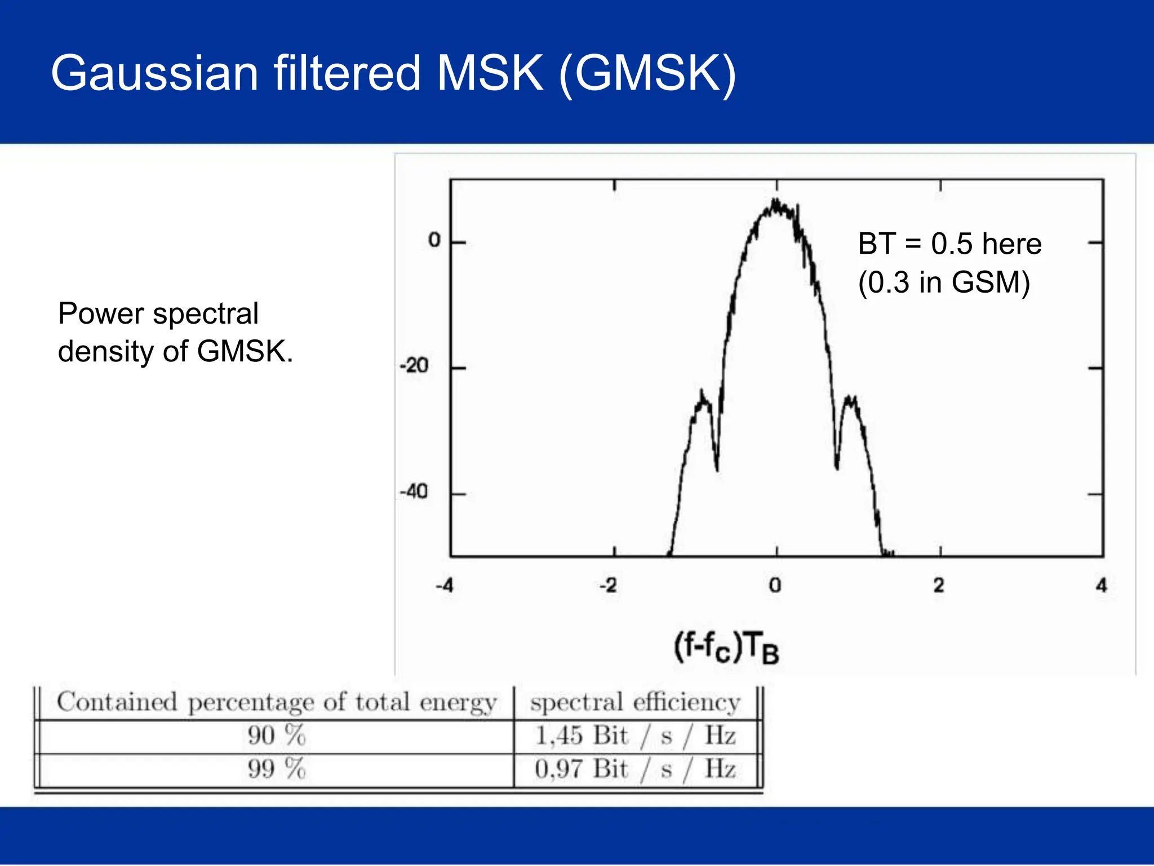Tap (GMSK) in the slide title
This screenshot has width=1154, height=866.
[647, 74]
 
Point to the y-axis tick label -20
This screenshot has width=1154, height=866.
[414, 366]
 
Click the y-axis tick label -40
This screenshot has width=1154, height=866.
[414, 492]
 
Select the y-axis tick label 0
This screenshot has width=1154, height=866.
[434, 240]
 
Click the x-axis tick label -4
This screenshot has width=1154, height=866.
[445, 586]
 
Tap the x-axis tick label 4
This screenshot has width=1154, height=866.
[1102, 586]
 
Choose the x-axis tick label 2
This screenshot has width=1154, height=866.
[939, 586]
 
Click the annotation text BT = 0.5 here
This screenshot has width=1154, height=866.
[949, 244]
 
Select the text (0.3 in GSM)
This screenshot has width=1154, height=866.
[944, 282]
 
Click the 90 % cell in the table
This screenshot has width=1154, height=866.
[276, 736]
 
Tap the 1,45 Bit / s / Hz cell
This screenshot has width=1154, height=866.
[636, 736]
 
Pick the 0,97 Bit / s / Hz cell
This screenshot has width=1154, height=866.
[636, 769]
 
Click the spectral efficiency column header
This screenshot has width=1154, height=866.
[636, 702]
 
